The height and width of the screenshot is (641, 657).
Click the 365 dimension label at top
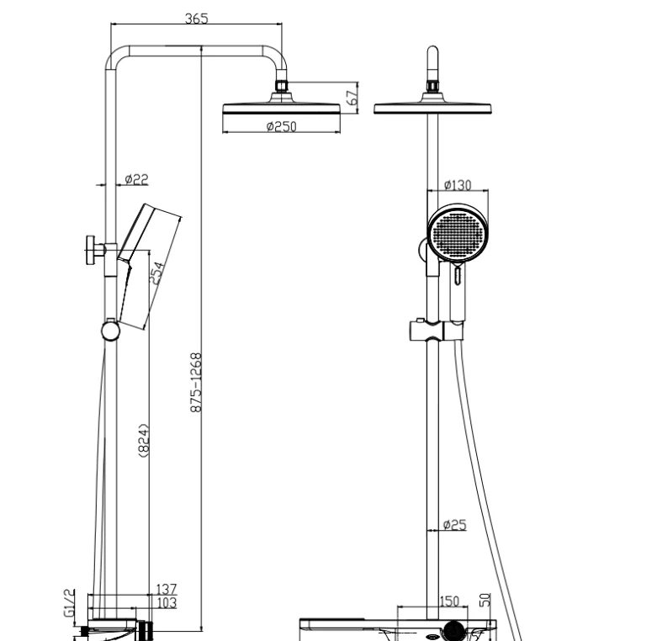(197, 18)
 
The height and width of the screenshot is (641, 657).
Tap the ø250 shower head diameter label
(281, 127)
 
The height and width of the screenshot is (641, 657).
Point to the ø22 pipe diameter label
(136, 178)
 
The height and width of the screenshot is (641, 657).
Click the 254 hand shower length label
(157, 273)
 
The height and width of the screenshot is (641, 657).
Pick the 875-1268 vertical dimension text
(194, 382)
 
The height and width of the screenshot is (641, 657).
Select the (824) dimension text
(143, 441)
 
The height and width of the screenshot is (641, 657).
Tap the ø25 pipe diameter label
(455, 526)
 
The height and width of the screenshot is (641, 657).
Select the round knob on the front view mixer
(455, 629)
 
